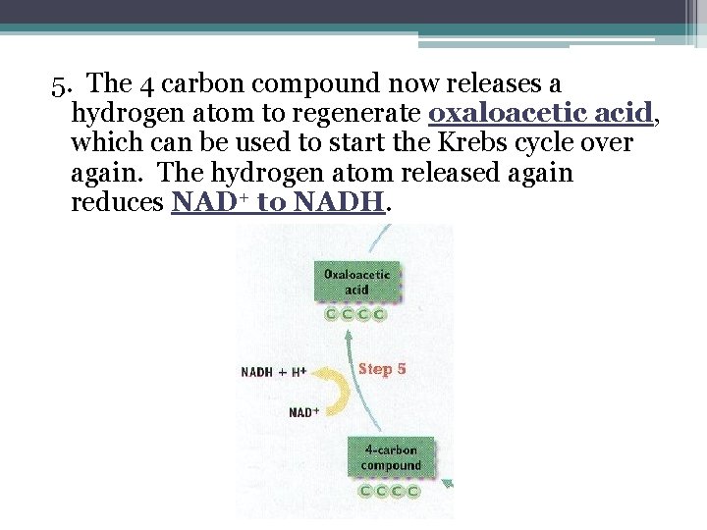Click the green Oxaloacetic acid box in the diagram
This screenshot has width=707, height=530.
[x=356, y=282]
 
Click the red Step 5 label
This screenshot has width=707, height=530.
[x=382, y=369]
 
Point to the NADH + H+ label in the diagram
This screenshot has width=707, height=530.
[x=274, y=372]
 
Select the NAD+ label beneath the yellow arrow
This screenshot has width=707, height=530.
[x=304, y=412]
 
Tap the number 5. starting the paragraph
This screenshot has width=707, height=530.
[x=62, y=84]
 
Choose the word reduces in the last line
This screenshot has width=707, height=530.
[x=118, y=202]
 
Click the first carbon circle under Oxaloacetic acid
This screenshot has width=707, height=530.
[x=333, y=314]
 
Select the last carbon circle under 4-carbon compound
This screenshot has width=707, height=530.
[x=413, y=491]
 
